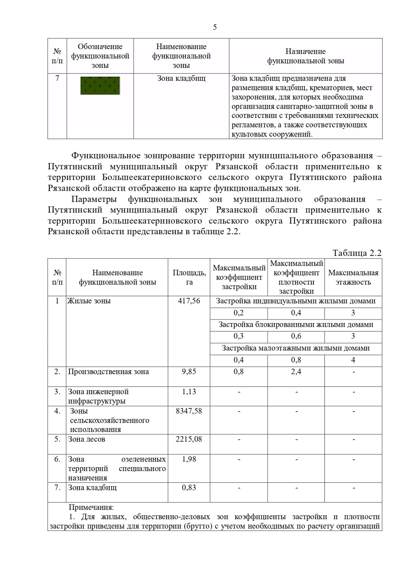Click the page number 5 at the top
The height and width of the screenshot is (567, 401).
click(x=215, y=27)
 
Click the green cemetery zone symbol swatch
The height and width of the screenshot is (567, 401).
click(x=100, y=86)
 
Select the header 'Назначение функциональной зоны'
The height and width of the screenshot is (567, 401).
click(x=305, y=56)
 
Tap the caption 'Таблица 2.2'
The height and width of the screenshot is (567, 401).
click(x=357, y=253)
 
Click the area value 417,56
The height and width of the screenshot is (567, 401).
click(x=189, y=301)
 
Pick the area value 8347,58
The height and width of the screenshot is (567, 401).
click(x=189, y=411)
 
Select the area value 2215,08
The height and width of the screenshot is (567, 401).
click(x=189, y=439)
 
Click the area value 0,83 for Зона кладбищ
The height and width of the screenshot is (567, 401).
click(x=189, y=487)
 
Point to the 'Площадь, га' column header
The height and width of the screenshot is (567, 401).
click(x=189, y=277)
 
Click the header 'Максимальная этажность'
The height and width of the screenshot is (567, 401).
click(x=353, y=277)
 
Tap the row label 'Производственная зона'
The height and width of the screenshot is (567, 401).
click(x=108, y=372)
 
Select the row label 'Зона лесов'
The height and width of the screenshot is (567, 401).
click(x=87, y=439)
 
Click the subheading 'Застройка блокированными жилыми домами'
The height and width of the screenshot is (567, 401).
click(x=296, y=324)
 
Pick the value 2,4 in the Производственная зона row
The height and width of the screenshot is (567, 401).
click(x=296, y=372)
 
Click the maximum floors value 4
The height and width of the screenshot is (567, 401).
click(x=353, y=360)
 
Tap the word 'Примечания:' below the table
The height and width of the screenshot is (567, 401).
click(x=91, y=508)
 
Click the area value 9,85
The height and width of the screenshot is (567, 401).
click(x=189, y=372)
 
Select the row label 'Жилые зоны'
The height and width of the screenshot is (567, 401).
click(x=89, y=301)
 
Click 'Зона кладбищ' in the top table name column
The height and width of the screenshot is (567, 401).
click(x=181, y=79)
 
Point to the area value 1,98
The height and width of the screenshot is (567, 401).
click(x=189, y=459)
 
